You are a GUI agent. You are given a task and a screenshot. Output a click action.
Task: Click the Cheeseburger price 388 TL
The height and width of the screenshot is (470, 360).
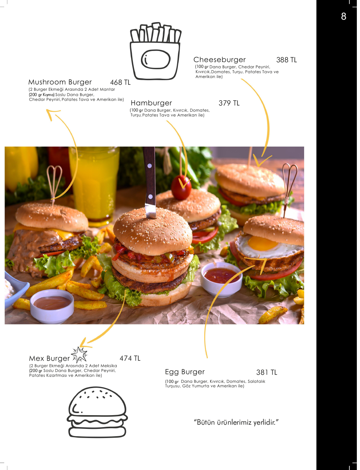pos(286,60)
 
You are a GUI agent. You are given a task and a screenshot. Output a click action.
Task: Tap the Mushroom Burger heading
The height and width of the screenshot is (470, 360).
pos(60,82)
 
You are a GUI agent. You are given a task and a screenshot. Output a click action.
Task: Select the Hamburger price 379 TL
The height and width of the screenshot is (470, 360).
pos(229,103)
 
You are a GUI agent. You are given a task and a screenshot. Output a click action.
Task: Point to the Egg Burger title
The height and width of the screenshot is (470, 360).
pos(185,372)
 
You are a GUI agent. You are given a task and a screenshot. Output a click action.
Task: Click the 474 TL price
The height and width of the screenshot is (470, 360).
pos(130,359)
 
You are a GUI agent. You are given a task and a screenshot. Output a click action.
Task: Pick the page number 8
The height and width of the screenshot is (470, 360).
pos(343,17)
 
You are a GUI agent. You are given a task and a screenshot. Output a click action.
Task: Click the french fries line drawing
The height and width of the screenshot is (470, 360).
pos(155,51)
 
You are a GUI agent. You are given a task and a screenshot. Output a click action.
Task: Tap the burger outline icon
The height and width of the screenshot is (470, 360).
pos(97,412)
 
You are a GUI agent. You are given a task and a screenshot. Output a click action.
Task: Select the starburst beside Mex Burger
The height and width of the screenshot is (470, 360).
pos(79,355)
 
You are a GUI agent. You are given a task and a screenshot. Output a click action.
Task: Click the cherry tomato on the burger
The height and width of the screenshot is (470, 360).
pos(181,187)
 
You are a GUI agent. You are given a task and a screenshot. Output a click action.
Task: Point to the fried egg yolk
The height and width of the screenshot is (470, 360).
pos(262,243)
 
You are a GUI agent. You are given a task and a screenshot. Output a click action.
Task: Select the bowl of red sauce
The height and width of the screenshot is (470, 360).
pos(221,279)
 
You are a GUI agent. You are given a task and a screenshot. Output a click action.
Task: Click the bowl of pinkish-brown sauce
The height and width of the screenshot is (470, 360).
pos(52,306)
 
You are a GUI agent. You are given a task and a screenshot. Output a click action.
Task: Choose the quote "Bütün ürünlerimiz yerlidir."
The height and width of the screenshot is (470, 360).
pos(236,423)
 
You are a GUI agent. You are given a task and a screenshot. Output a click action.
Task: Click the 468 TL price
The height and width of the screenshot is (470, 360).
pos(120,82)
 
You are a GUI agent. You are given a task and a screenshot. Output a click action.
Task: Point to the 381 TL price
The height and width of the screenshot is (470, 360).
pos(266,372)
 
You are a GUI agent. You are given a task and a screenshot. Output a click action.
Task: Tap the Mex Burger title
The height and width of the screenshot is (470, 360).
pos(49,359)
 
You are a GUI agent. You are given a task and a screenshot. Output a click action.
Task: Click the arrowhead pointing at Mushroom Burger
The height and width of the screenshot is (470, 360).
pos(52,114)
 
